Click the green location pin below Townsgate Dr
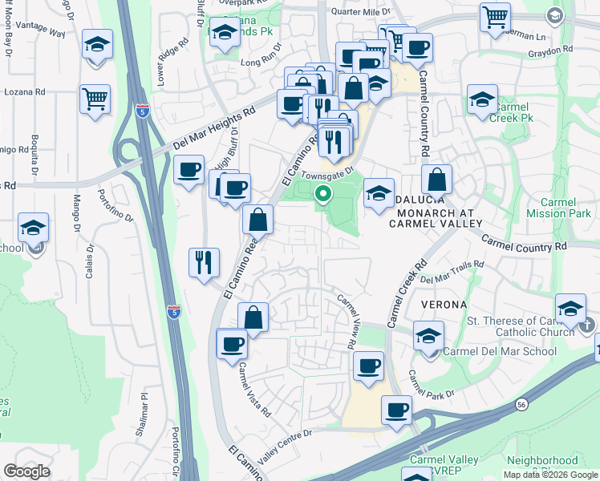click(324, 193)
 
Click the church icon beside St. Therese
click(588, 324)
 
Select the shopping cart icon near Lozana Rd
click(95, 99)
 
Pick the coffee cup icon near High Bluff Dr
click(189, 170)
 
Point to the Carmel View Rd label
click(347, 321)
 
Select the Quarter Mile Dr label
click(363, 12)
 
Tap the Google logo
click(26, 471)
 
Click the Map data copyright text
click(550, 475)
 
